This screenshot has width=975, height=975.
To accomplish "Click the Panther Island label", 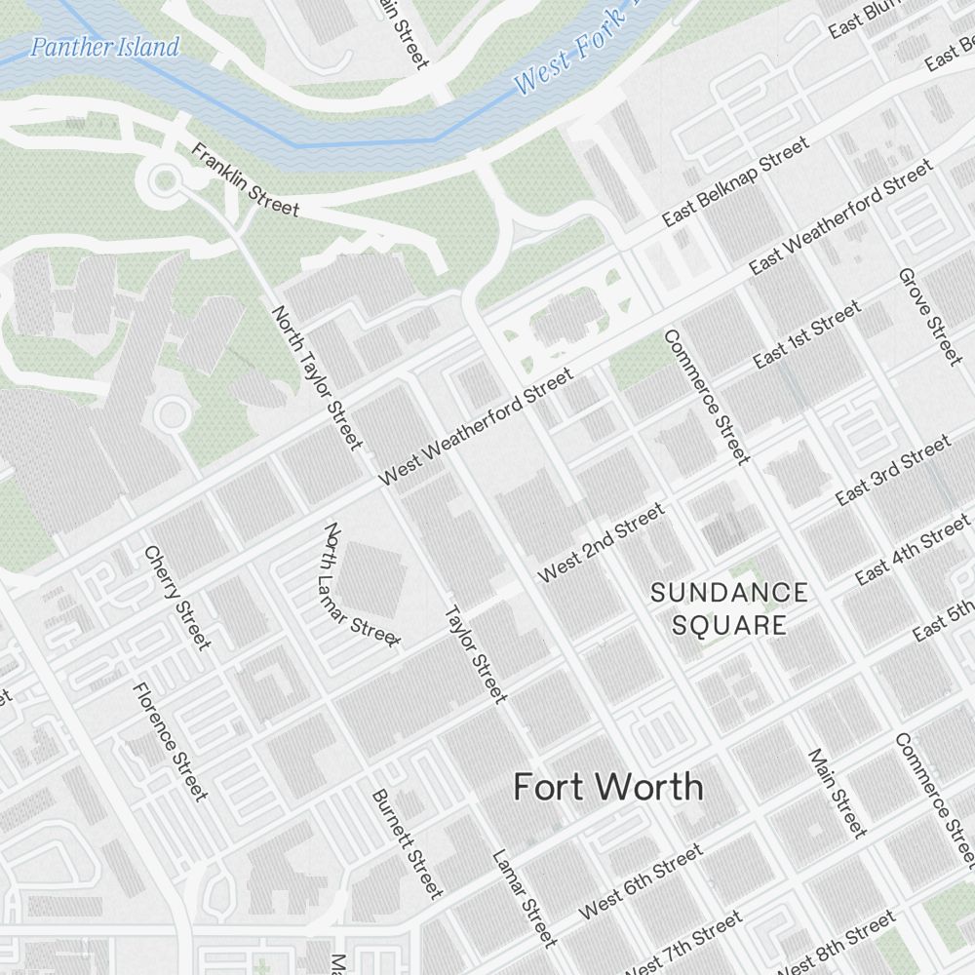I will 104,47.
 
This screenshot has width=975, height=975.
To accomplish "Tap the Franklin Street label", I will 245,180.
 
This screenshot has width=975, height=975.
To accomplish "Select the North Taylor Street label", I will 317,378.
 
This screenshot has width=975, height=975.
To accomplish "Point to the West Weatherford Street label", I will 475,427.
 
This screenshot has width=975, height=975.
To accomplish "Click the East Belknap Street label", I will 735,182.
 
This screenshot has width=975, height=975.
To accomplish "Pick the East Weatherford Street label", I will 840,216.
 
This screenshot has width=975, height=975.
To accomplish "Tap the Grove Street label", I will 930,316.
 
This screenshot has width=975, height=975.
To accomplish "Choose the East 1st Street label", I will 807,335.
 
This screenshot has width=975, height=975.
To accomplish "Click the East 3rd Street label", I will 892,471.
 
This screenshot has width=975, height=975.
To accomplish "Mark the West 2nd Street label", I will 601,542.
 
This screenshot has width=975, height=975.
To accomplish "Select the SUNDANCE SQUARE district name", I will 729,608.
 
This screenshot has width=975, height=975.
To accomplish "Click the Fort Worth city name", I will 607,787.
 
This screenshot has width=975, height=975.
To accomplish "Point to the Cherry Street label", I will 176,597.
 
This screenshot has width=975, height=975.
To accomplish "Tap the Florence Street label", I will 170,741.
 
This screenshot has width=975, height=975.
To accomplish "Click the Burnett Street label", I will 407,843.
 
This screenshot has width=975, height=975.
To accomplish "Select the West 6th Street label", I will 641,882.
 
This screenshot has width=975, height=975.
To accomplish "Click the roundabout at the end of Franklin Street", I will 165,179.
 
